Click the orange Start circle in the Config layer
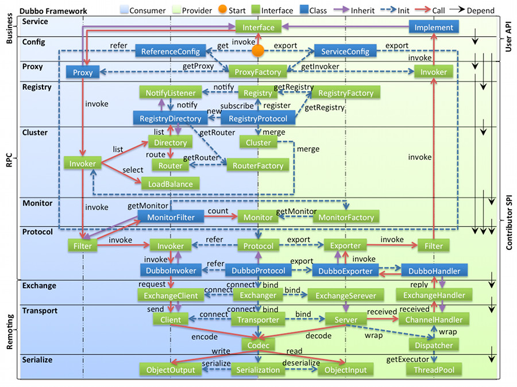(258, 51)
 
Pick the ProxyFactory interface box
(258, 72)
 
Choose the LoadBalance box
(171, 183)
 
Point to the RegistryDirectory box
(171, 118)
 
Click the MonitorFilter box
(171, 217)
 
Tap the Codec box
(258, 345)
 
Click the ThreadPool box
(434, 370)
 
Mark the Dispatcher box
(434, 345)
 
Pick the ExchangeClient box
(171, 295)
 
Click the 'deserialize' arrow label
(301, 363)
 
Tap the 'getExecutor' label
(407, 359)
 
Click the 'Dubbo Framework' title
(53, 10)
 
